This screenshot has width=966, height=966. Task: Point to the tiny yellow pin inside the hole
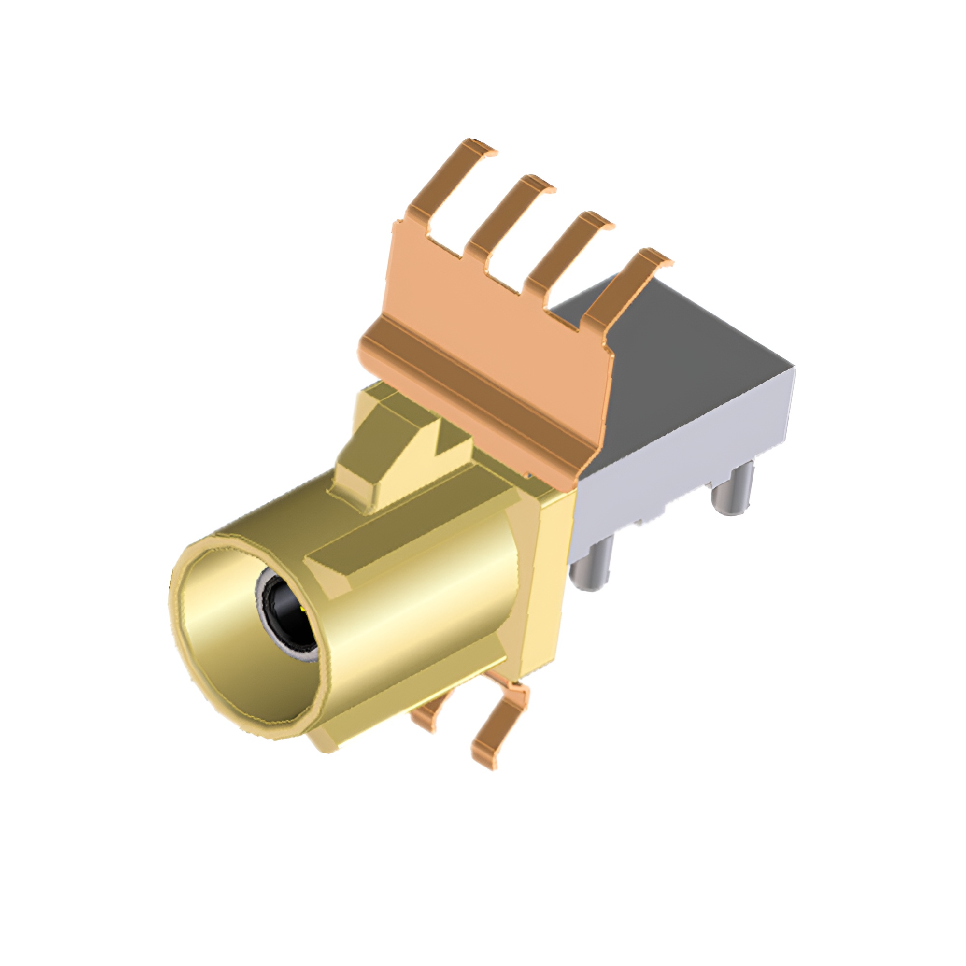click(303, 610)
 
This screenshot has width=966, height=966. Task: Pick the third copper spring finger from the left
click(565, 250)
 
